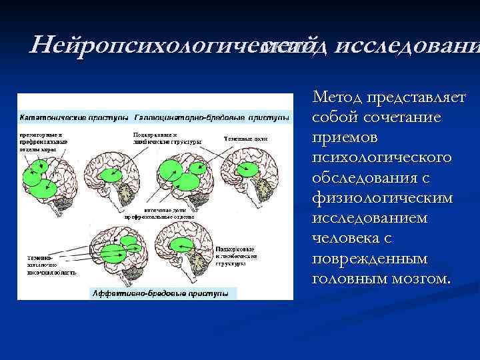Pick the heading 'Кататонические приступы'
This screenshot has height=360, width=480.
point(74,117)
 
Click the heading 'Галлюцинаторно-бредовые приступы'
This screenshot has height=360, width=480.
point(212,117)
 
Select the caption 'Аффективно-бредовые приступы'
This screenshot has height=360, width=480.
point(159,293)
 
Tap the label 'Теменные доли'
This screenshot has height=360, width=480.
point(241,139)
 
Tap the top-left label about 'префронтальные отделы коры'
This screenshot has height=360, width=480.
point(43,141)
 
